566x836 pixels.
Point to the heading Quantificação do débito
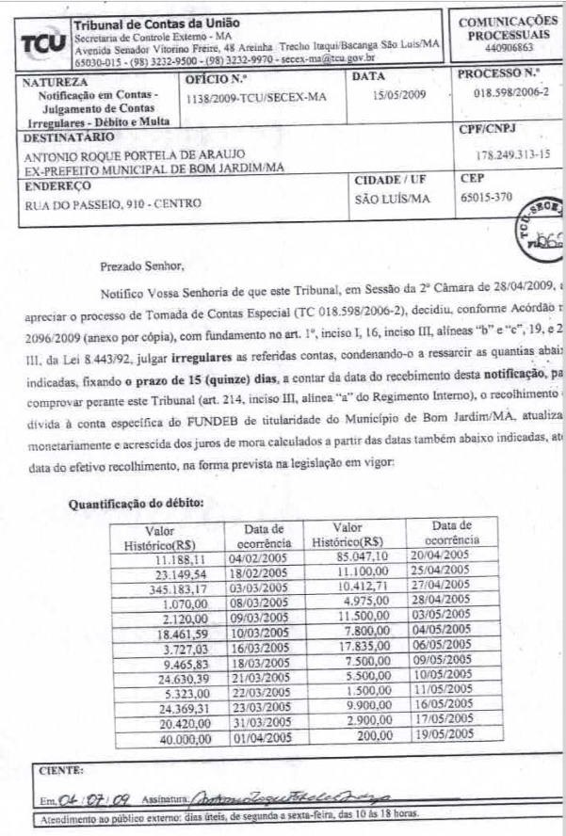click(x=136, y=504)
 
